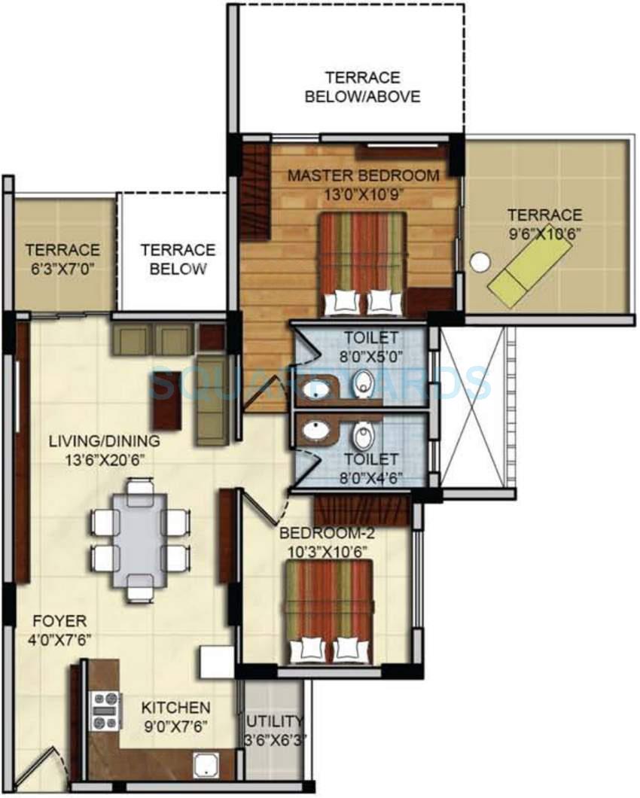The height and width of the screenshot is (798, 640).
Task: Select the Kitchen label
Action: (175, 708)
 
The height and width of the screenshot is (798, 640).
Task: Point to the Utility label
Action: (274, 721)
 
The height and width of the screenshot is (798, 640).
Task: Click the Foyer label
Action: (59, 622)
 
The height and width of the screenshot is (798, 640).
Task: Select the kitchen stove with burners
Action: (105, 711)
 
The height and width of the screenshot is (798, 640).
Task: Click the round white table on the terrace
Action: (480, 262)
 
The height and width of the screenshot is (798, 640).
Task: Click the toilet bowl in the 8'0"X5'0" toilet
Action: (362, 383)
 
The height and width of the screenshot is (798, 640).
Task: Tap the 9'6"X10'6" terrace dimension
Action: (544, 233)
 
